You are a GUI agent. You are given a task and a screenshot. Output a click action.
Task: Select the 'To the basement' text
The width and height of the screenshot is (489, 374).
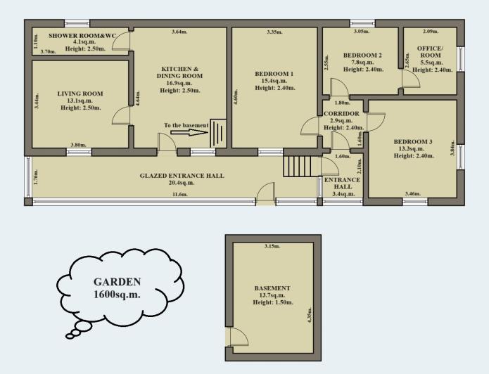click(186, 125)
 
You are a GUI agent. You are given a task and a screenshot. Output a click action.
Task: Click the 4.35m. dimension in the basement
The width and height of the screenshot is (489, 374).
click(309, 314)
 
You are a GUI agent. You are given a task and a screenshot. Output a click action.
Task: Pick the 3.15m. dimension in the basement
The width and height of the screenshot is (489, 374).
click(272, 247)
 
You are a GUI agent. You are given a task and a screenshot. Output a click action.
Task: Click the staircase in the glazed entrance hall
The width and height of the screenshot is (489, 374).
click(296, 167)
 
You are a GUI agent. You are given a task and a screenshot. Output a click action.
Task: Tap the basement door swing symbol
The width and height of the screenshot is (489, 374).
click(238, 337)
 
